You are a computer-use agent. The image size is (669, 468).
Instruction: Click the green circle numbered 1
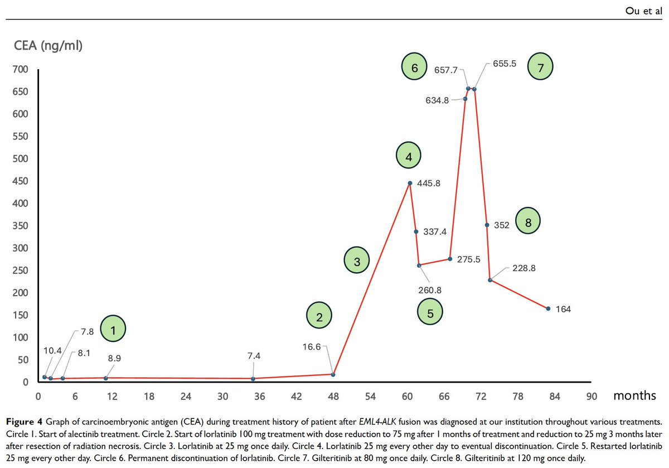pyautogui.click(x=113, y=331)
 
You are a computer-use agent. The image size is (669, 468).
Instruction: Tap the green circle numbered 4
pyautogui.click(x=409, y=157)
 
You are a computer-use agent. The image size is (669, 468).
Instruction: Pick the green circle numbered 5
pyautogui.click(x=430, y=313)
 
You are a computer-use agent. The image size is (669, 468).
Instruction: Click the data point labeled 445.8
pyautogui.click(x=410, y=183)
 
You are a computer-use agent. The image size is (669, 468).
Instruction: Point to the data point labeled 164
pyautogui.click(x=548, y=308)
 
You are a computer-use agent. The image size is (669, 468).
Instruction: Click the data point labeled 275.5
pyautogui.click(x=450, y=259)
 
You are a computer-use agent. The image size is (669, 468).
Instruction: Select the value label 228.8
pyautogui.click(x=525, y=268)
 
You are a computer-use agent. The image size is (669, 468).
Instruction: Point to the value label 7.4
pyautogui.click(x=254, y=355)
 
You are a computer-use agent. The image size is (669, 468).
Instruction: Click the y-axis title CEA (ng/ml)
pyautogui.click(x=49, y=46)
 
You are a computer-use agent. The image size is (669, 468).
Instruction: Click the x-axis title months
pyautogui.click(x=634, y=395)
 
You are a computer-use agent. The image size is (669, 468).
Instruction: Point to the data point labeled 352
pyautogui.click(x=487, y=225)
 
